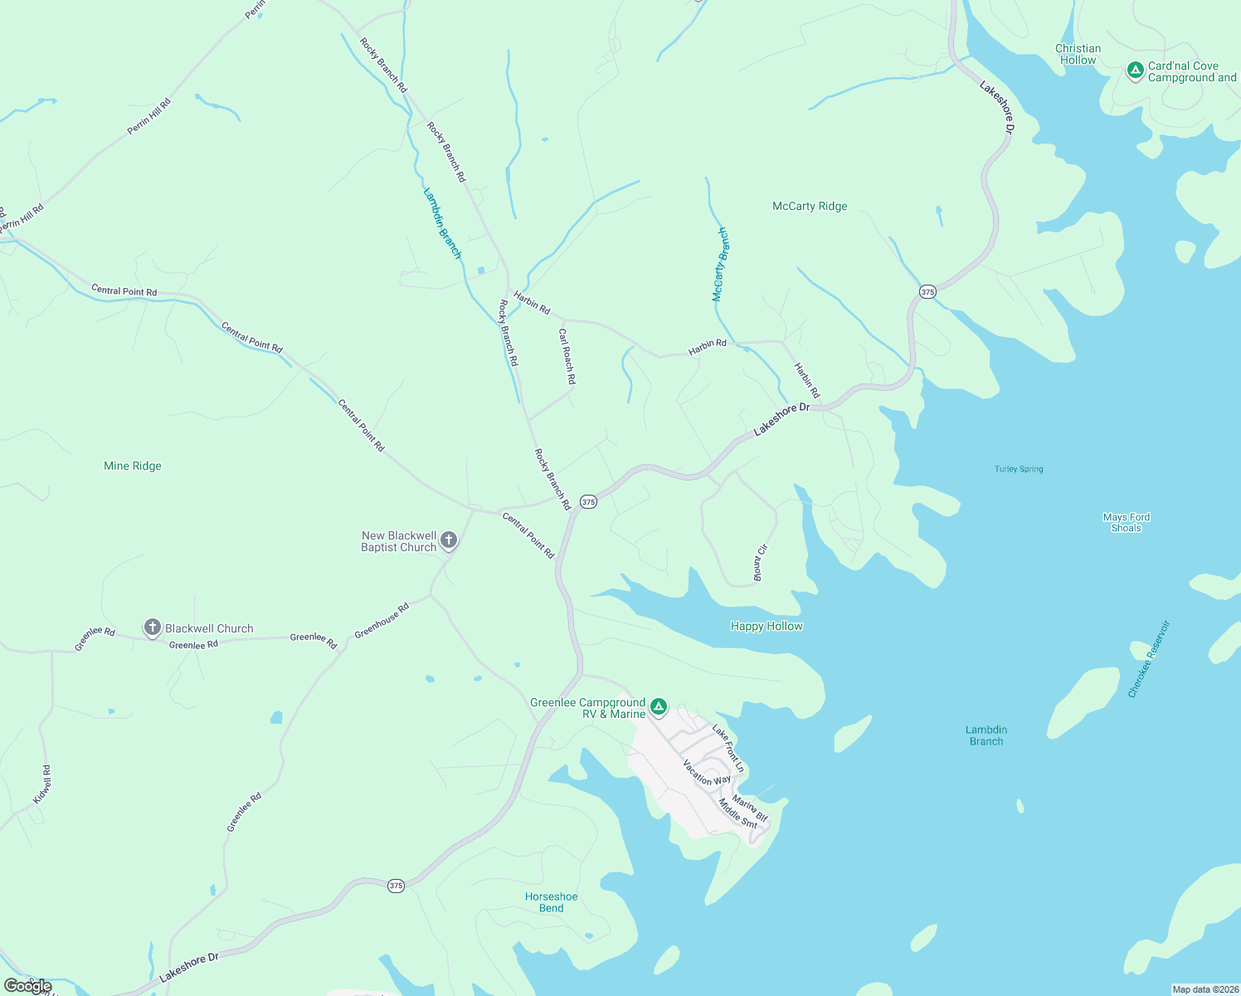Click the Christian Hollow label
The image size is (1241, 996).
tap(1078, 55)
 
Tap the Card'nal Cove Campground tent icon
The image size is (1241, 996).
tap(1135, 71)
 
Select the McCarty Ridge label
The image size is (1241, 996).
tap(810, 207)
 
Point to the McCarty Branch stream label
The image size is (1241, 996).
tap(720, 264)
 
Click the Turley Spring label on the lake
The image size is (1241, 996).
tap(1019, 470)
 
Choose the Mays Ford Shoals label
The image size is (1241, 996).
tap(1127, 523)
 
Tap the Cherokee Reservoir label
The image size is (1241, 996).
tap(1149, 659)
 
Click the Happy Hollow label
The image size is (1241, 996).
tap(766, 627)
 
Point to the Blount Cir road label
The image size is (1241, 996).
tap(760, 563)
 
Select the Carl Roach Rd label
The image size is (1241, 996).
tap(567, 357)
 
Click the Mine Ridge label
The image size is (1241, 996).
tap(133, 466)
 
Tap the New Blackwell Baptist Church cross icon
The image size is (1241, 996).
tap(449, 541)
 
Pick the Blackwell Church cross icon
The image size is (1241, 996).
tap(153, 627)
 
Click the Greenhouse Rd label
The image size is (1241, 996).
tap(382, 621)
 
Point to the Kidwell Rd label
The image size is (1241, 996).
tap(42, 784)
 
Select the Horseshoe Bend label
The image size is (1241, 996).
tap(551, 902)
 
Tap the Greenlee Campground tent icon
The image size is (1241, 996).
tap(659, 707)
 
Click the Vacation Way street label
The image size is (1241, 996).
tap(707, 773)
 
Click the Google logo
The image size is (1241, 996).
tap(28, 986)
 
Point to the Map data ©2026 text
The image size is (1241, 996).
tap(1204, 989)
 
